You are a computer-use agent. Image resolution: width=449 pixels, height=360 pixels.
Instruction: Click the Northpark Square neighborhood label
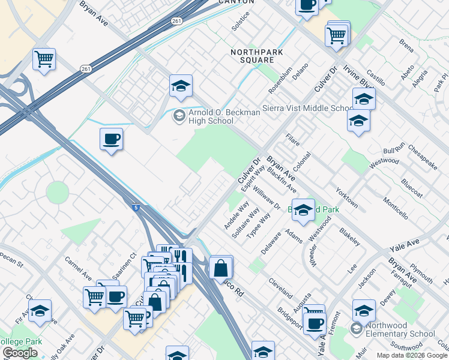coord(253,56)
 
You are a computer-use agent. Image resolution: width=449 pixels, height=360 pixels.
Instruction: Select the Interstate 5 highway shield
coord(136,207)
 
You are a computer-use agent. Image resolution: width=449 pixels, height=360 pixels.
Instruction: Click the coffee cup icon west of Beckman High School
coord(111,140)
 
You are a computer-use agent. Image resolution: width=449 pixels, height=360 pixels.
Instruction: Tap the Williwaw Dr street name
coord(267,197)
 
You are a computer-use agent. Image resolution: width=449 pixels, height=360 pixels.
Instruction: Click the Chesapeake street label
coord(422,156)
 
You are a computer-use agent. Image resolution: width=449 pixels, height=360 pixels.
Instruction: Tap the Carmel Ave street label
coord(78,270)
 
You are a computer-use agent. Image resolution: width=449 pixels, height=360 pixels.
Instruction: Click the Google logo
coord(20,353)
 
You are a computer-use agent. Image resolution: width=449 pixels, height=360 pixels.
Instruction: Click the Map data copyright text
coord(412,355)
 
